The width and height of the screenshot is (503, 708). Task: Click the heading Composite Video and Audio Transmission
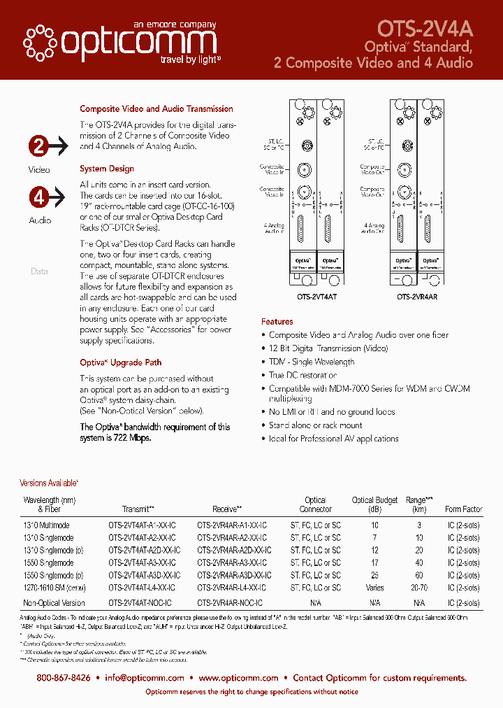[x=156, y=109]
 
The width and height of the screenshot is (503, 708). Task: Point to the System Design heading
[x=107, y=169]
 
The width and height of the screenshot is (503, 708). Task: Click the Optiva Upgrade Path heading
[x=121, y=362]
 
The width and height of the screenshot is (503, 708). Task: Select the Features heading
[x=277, y=322]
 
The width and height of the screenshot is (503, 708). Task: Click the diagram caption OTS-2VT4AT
[x=318, y=297]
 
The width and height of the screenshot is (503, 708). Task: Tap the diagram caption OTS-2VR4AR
[x=418, y=297]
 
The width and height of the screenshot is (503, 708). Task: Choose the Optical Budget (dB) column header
[x=374, y=504]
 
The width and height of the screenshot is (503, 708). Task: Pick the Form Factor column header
[x=463, y=509]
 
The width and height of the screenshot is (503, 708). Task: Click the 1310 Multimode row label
[x=47, y=525]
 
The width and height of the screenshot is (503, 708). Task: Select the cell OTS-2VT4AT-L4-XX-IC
[x=142, y=588]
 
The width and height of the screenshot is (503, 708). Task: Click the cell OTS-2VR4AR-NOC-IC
[x=230, y=603]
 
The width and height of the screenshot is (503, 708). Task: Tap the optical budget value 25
[x=374, y=576]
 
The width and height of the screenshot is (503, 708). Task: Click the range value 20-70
[x=419, y=588]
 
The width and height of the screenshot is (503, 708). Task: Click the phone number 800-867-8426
[x=64, y=678]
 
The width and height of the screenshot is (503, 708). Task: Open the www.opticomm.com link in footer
[x=238, y=678]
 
